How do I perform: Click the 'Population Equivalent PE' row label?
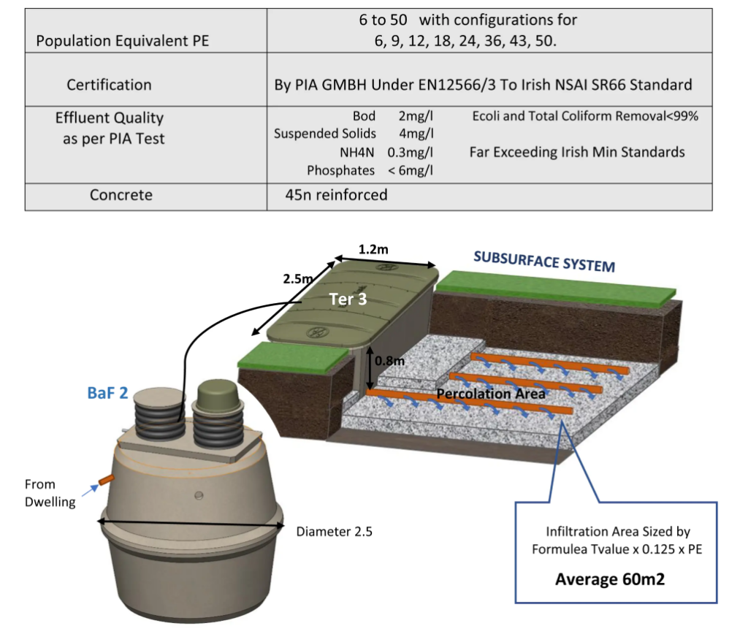click(x=123, y=41)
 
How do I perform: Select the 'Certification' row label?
click(x=109, y=85)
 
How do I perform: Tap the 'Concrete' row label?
click(x=121, y=195)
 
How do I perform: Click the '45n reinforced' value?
click(x=337, y=195)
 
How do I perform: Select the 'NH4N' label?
click(x=362, y=152)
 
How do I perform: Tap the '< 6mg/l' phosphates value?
click(x=411, y=170)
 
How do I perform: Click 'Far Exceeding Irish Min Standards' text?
click(x=577, y=152)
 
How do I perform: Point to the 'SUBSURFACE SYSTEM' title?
click(x=544, y=261)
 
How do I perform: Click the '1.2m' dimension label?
click(x=373, y=250)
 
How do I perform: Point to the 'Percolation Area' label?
click(x=491, y=394)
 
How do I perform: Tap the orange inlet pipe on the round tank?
click(x=106, y=480)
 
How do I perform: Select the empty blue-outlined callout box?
click(x=617, y=552)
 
